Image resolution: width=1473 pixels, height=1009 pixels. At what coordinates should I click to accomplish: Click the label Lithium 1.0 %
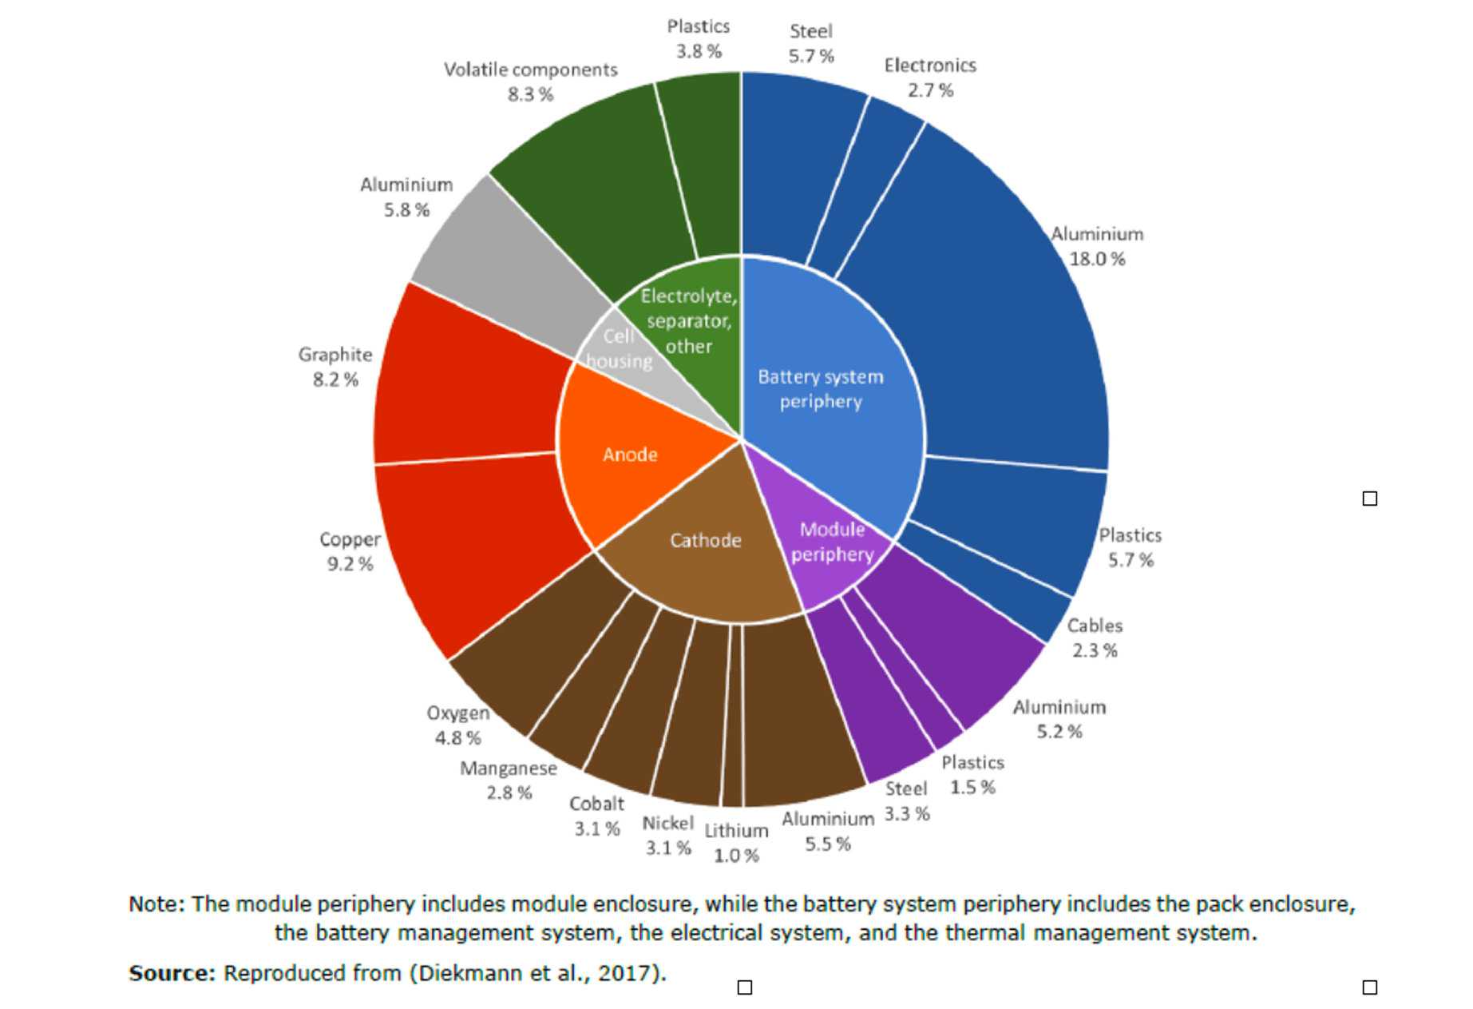(736, 843)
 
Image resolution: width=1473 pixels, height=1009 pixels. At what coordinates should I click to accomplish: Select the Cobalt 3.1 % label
(596, 816)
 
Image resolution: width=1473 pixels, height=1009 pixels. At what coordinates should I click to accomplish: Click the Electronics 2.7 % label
(930, 77)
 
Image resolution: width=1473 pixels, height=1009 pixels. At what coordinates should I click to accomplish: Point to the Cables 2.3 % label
(1095, 638)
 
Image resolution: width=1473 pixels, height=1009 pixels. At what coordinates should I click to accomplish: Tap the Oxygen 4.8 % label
(458, 725)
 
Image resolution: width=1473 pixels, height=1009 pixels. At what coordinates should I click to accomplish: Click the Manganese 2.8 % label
(509, 780)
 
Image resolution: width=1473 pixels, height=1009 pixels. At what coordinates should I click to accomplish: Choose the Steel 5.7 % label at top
(811, 43)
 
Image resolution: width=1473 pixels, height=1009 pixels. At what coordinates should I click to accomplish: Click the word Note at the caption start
(156, 904)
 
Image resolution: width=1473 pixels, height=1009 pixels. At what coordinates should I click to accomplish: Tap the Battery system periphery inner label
(821, 388)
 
